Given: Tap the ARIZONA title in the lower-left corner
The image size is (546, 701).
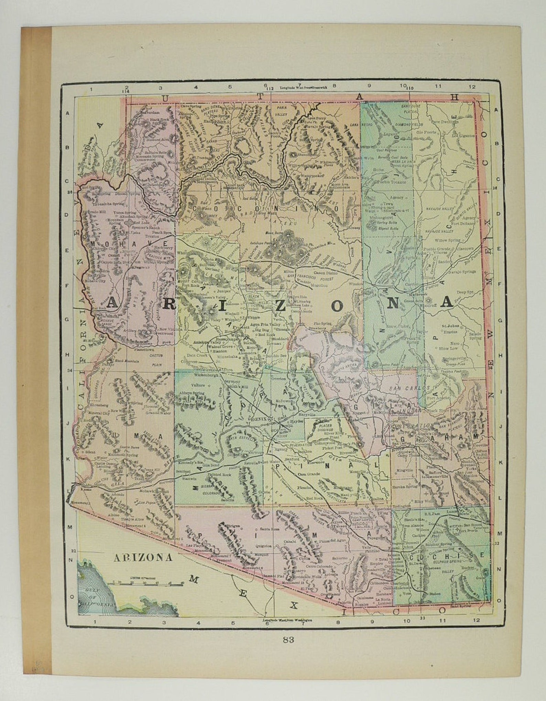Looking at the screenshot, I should click(x=143, y=557).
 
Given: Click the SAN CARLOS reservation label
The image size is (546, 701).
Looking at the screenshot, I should click(x=406, y=387).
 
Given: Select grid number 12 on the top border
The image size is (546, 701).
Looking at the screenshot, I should click(x=473, y=87).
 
